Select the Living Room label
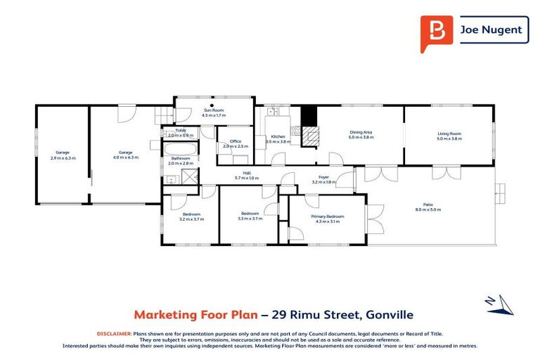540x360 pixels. click(449, 133)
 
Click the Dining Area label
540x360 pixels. click(360, 132)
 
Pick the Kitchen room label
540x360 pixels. click(278, 136)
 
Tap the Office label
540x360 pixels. click(236, 141)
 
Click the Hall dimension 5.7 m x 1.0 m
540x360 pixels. click(247, 178)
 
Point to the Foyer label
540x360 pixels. click(323, 177)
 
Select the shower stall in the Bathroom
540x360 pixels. click(189, 176)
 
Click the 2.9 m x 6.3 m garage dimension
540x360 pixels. click(62, 157)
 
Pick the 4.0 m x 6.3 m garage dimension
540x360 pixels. click(125, 157)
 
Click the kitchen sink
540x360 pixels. click(273, 111)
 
